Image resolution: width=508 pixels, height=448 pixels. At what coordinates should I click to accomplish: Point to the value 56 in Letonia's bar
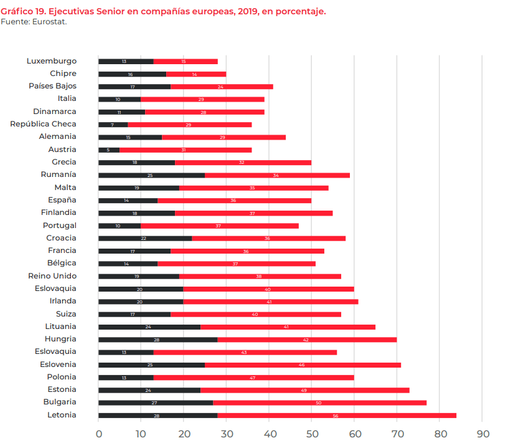pos(336,416)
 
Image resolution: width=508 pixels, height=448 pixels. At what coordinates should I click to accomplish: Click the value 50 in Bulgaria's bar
pos(319,403)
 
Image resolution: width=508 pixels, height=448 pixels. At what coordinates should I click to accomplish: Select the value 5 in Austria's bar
pos(108,150)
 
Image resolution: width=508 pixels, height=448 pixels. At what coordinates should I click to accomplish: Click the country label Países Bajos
pos(53,86)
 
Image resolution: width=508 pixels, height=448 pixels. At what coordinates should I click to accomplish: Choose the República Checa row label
pos(43,124)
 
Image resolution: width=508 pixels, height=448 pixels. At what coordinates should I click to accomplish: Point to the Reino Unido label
pos(52,276)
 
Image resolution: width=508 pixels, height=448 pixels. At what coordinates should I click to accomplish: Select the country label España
pos(62,200)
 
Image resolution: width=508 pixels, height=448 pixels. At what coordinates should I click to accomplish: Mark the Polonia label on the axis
pos(62,377)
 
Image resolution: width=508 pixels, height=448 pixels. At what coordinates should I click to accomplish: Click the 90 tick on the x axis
pos(482,434)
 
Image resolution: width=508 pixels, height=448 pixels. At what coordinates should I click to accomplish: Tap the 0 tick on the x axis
pos(98,434)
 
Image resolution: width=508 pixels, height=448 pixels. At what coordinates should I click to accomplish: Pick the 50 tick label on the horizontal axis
pos(311,434)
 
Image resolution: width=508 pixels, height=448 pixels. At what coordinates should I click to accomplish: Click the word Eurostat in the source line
pos(50,22)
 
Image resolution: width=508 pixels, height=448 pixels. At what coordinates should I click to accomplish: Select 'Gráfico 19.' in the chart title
pos(24,12)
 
